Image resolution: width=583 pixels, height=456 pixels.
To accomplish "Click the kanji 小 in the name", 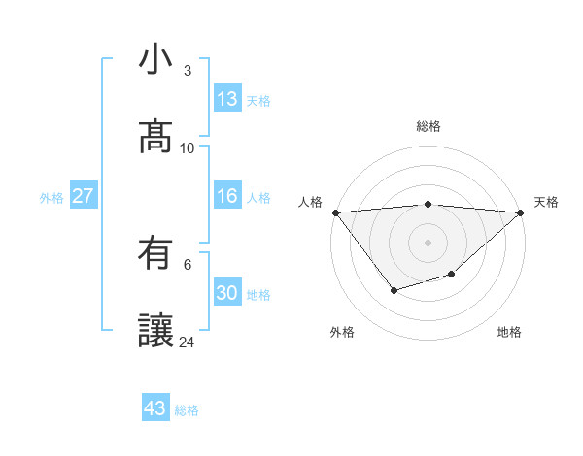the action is [155, 60].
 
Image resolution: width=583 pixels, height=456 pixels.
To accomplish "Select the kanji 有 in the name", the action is [155, 253].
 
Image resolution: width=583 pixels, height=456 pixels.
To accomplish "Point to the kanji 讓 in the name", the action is [155, 331].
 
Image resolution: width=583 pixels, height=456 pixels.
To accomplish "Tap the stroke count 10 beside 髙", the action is [187, 148].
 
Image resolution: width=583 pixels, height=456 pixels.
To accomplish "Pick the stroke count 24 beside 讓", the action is [187, 342].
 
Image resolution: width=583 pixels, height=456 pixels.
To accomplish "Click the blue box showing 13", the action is [227, 99].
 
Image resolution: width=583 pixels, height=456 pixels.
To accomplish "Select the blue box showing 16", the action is [227, 196].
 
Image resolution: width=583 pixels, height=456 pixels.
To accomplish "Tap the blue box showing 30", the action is [227, 293].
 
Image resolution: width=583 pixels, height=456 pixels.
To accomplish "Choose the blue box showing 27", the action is [83, 196].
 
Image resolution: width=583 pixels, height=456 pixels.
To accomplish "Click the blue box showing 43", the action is [155, 408].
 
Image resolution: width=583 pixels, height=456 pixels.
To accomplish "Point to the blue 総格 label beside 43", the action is [187, 410].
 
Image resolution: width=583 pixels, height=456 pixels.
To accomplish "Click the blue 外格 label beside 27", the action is [51, 198].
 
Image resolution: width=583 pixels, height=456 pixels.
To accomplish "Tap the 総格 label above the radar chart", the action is [429, 126].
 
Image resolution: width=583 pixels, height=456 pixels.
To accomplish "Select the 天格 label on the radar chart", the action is [546, 202].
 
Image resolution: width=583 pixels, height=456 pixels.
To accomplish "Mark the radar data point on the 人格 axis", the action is [335, 212].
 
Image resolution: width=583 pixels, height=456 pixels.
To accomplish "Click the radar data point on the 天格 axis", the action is [522, 212].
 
